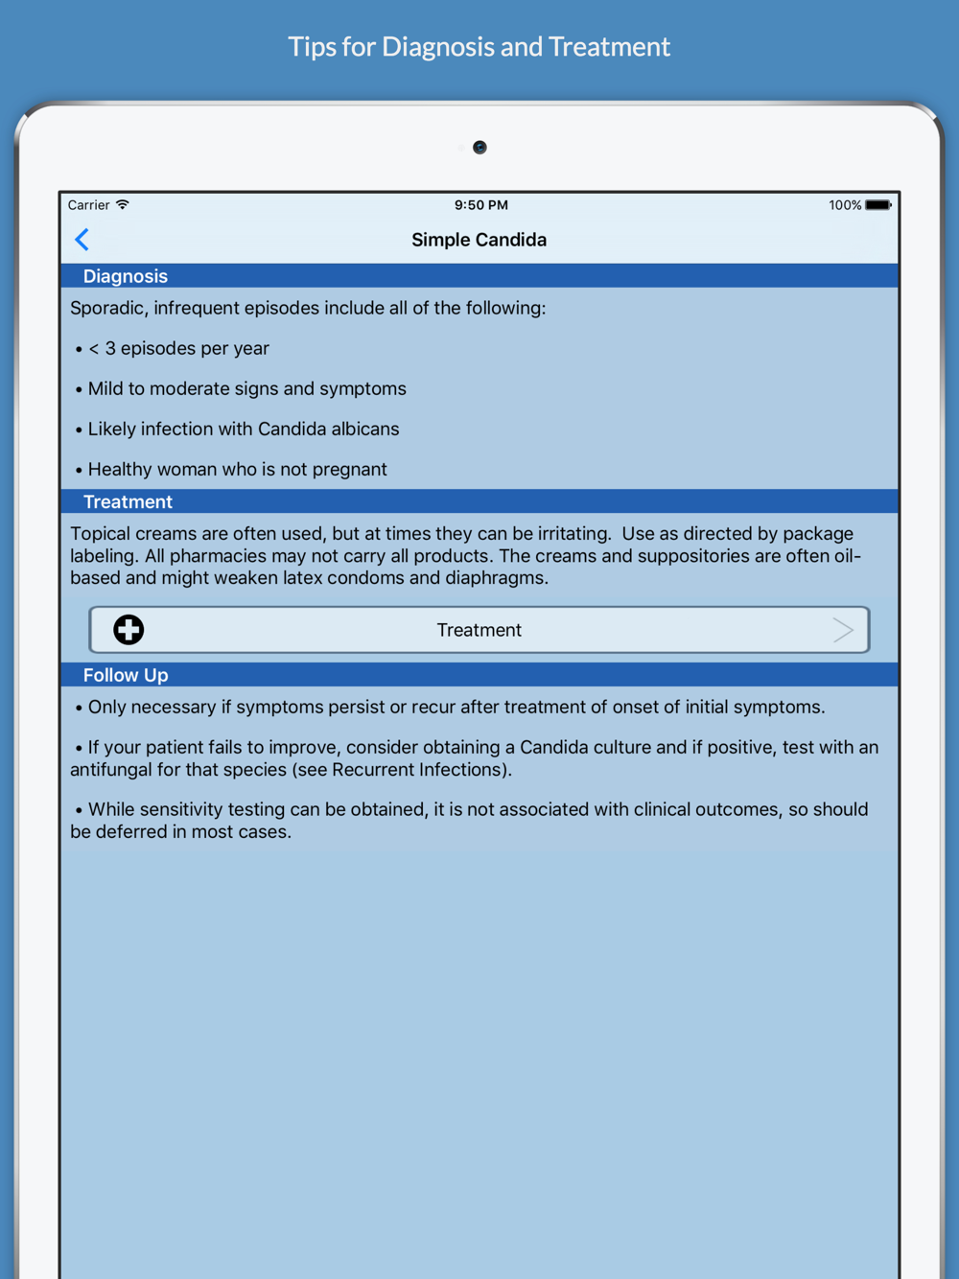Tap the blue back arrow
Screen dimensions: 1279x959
point(82,240)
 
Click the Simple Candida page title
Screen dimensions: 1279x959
point(479,240)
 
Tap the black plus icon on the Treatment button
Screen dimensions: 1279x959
point(129,630)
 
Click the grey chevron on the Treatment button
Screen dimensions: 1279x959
point(843,630)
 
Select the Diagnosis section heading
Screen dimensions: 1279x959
point(126,276)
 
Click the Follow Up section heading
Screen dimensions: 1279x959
point(126,675)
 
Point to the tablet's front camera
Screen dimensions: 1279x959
point(479,148)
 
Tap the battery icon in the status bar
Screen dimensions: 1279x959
point(877,205)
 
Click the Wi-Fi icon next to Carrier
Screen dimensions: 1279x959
point(123,205)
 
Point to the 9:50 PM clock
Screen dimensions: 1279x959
point(480,205)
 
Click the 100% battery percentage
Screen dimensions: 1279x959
point(845,205)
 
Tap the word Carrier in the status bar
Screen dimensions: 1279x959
point(88,205)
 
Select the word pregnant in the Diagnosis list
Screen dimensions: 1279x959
point(350,470)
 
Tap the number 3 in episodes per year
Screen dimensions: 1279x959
point(110,348)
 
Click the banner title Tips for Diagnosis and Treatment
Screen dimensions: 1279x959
point(479,47)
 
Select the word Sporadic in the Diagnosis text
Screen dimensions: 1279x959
point(107,308)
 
